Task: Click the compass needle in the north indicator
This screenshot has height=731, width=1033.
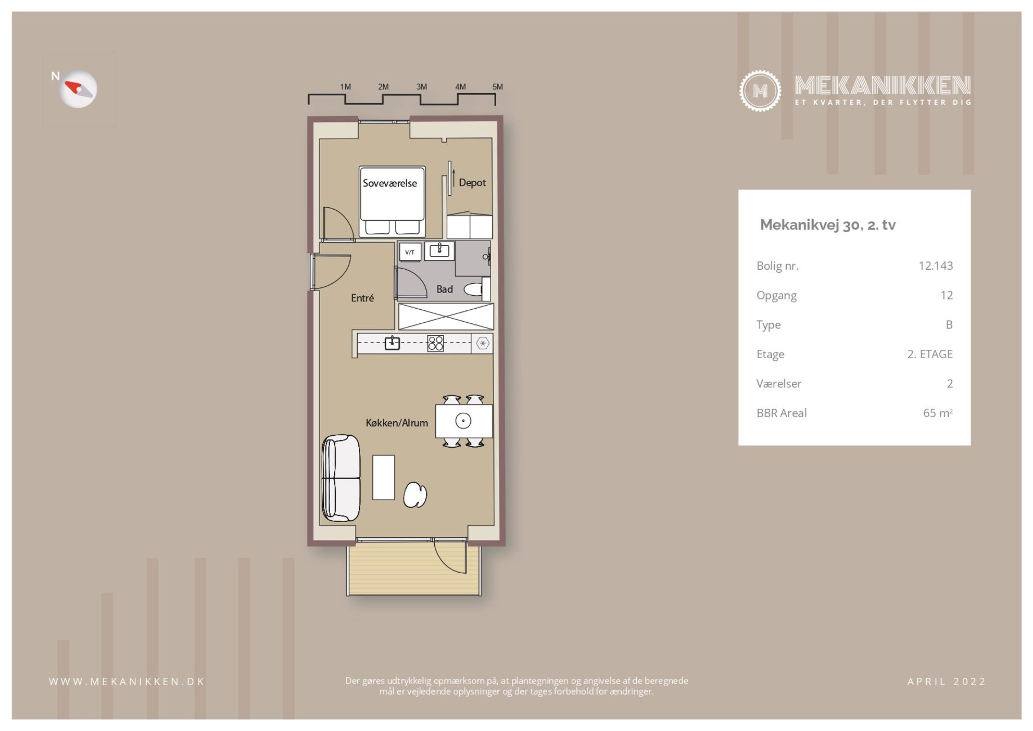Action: (78, 89)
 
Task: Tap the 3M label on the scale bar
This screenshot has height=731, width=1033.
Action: (421, 87)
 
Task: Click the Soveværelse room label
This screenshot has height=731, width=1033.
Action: (389, 183)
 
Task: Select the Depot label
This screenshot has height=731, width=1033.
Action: (472, 183)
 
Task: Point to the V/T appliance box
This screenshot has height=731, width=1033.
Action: (410, 253)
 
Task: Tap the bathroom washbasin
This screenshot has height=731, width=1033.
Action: (439, 250)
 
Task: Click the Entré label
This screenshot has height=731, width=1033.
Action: (362, 298)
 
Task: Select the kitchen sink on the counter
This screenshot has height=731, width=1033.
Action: (392, 343)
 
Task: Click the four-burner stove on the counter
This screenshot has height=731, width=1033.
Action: (435, 343)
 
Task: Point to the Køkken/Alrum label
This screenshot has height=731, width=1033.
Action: (397, 423)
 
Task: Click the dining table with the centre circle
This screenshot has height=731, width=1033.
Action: (463, 421)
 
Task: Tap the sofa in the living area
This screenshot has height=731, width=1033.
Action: (341, 478)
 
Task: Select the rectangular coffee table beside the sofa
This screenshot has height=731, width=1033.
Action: (384, 477)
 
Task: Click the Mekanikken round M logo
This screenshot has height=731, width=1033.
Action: (760, 91)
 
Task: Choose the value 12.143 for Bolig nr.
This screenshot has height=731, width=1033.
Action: (936, 266)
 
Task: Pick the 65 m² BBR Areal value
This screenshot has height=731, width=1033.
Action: (938, 413)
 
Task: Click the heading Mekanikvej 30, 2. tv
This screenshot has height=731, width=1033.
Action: (828, 225)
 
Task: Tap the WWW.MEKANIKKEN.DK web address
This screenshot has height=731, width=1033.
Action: (127, 682)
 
